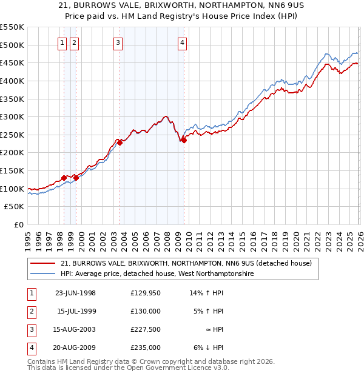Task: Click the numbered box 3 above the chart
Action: tap(118, 42)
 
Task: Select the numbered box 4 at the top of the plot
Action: tap(182, 42)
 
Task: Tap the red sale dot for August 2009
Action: tap(184, 140)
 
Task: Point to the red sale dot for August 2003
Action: tap(120, 143)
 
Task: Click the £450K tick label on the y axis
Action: tap(12, 62)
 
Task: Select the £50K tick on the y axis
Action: tap(15, 207)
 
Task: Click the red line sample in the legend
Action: tap(43, 264)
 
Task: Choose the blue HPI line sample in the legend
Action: tap(43, 274)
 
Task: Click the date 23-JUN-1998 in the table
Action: tap(75, 293)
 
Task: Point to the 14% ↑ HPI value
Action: tap(206, 293)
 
